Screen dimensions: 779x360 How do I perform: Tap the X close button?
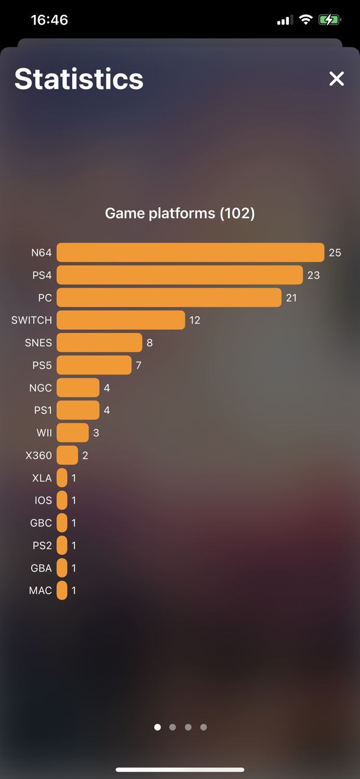click(x=337, y=78)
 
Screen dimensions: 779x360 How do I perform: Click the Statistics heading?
click(x=79, y=79)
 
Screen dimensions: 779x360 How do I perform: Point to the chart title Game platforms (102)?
click(x=180, y=213)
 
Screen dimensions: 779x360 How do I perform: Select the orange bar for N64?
click(x=190, y=252)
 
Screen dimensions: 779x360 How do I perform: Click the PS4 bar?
click(x=179, y=275)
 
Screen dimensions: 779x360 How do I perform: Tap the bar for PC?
click(x=169, y=298)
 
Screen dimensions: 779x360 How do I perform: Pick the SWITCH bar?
click(x=121, y=320)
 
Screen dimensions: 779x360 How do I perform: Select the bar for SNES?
click(x=99, y=343)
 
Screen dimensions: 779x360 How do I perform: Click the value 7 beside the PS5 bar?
click(x=139, y=365)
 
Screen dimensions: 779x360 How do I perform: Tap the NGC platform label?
click(x=41, y=388)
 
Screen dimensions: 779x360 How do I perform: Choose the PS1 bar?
click(x=78, y=410)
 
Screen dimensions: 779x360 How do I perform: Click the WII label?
click(x=44, y=433)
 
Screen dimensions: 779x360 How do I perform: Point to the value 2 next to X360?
click(x=85, y=455)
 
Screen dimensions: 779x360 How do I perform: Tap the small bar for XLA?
click(x=62, y=478)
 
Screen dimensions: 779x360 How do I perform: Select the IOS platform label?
click(x=43, y=500)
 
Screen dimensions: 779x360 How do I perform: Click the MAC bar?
click(x=62, y=590)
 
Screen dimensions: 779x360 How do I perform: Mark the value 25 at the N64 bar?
click(x=335, y=252)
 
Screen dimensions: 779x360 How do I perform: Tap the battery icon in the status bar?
click(x=329, y=20)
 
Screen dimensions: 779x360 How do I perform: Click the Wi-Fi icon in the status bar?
click(x=306, y=20)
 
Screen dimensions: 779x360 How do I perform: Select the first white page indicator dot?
click(x=157, y=727)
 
